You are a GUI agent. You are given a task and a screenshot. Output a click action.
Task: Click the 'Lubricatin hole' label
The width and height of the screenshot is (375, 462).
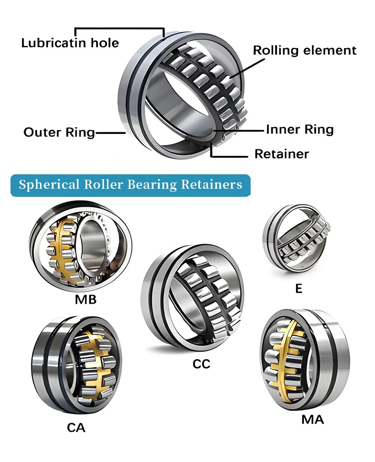[70, 43]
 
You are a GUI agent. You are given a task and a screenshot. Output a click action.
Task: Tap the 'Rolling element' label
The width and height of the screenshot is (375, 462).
[304, 50]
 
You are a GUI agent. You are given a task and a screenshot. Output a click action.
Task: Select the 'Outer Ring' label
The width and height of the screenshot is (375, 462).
[59, 132]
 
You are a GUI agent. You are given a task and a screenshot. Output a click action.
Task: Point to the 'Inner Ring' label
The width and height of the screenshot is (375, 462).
[299, 130]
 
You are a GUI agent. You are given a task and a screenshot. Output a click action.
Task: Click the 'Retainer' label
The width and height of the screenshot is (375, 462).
[281, 154]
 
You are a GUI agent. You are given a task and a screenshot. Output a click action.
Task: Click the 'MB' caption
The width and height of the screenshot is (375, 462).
[85, 300]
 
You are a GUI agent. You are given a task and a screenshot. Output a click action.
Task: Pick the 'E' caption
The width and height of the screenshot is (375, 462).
[299, 289]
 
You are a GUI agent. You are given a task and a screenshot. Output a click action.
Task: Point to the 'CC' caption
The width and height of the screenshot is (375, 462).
[201, 364]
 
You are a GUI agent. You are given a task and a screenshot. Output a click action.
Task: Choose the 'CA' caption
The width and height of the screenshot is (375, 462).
[76, 428]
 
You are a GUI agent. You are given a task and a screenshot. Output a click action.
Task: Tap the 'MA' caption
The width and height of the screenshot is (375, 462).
[312, 420]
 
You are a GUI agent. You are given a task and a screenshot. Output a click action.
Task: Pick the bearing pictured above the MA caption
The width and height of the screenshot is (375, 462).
[305, 359]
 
